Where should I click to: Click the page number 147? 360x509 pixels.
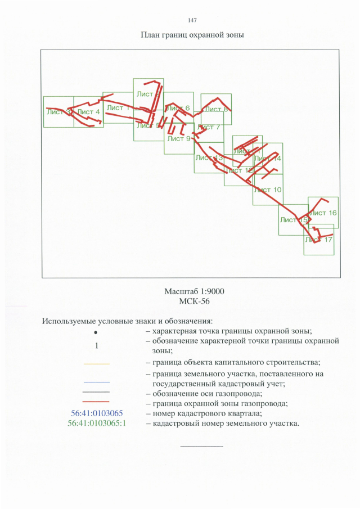192,20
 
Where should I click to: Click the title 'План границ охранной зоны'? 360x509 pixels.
192,35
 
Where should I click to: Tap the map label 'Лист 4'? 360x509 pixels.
89,112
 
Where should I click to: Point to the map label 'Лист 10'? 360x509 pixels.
268,190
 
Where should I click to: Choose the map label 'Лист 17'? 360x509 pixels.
319,239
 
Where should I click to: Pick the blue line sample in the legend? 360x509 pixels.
96,382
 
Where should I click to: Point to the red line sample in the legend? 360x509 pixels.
96,402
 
